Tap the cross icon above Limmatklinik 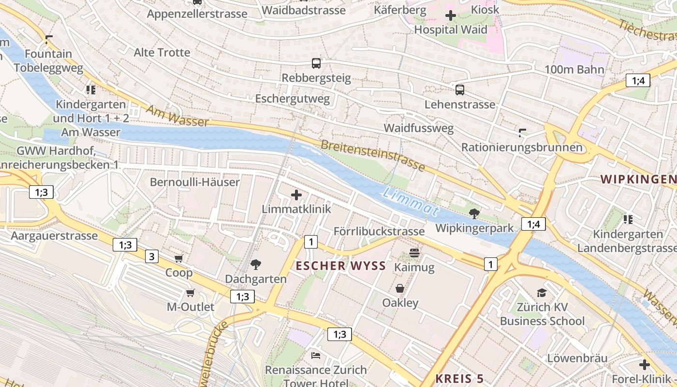pyautogui.click(x=296, y=195)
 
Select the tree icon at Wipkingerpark pyautogui.click(x=474, y=213)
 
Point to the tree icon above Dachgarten pyautogui.click(x=255, y=264)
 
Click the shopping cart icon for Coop pyautogui.click(x=179, y=259)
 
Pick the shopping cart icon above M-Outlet pyautogui.click(x=191, y=293)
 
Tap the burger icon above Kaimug pyautogui.click(x=414, y=253)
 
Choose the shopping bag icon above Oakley pyautogui.click(x=400, y=289)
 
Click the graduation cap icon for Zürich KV pyautogui.click(x=542, y=293)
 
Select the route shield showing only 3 pyautogui.click(x=152, y=256)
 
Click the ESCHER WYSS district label pyautogui.click(x=341, y=266)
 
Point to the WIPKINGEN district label pyautogui.click(x=638, y=179)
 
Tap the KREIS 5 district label pyautogui.click(x=459, y=378)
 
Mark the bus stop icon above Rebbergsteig pyautogui.click(x=316, y=63)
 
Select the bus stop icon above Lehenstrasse pyautogui.click(x=459, y=89)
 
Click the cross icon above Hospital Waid pyautogui.click(x=451, y=15)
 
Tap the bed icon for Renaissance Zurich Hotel pyautogui.click(x=316, y=356)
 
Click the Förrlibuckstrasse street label pyautogui.click(x=379, y=231)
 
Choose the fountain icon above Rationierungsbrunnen pyautogui.click(x=522, y=133)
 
